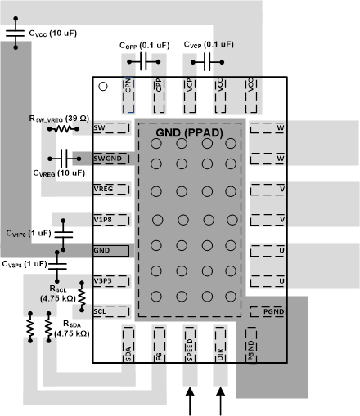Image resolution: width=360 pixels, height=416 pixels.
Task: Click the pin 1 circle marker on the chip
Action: click(x=103, y=86)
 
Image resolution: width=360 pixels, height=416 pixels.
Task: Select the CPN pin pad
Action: click(x=128, y=93)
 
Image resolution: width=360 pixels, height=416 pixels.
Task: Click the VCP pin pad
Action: click(x=189, y=93)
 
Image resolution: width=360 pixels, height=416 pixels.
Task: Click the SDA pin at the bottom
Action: click(x=128, y=344)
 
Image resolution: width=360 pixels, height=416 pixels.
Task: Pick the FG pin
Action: click(x=159, y=344)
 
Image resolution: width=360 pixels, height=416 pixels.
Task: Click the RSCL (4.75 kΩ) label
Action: click(x=58, y=293)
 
